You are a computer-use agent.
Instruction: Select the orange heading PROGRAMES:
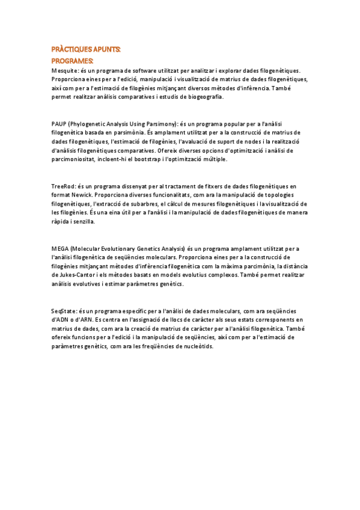click(72, 61)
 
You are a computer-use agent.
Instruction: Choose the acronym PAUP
click(59, 123)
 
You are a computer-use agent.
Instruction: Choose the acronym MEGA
click(59, 248)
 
